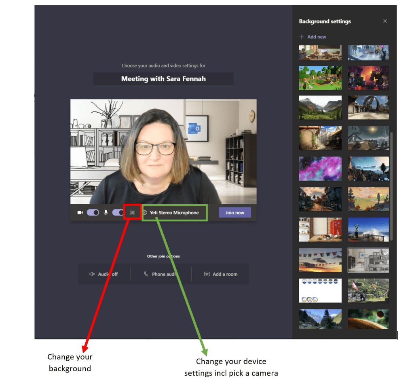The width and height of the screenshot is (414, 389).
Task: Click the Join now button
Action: (234, 213)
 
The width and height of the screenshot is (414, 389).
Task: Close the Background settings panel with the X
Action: (385, 21)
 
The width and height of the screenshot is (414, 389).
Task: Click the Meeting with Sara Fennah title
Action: (163, 79)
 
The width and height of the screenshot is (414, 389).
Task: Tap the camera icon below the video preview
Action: (80, 213)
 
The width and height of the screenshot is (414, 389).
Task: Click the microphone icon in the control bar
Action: (106, 213)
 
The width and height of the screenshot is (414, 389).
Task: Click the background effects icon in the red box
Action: (132, 212)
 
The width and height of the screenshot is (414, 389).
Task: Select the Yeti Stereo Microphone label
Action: (174, 213)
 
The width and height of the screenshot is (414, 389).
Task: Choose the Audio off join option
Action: (104, 274)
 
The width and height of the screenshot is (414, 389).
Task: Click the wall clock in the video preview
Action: (252, 116)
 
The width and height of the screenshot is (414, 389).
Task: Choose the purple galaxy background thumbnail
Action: (320, 168)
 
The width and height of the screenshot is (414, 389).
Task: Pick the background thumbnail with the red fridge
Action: (320, 230)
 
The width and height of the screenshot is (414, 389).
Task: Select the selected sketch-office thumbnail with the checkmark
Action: (368, 260)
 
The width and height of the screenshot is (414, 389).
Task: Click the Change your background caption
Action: (70, 363)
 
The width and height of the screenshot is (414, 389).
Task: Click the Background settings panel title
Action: (325, 21)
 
